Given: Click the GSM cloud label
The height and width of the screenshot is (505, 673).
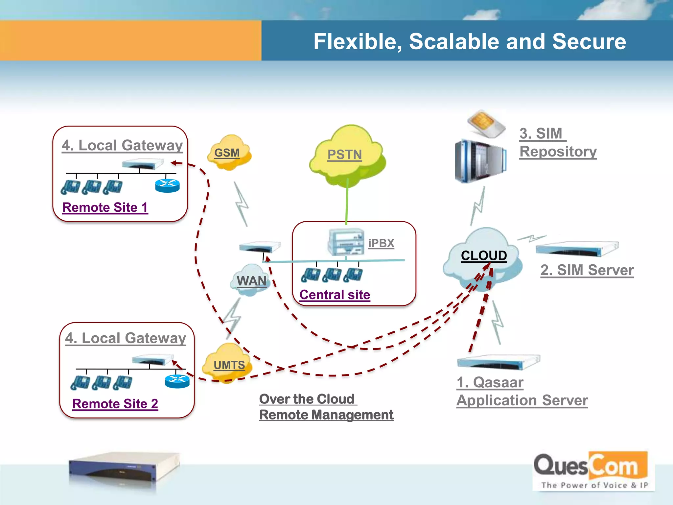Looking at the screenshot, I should (x=227, y=153).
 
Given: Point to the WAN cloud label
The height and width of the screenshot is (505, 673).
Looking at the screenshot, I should (x=252, y=281).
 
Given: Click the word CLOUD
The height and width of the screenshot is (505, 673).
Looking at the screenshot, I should (x=484, y=255).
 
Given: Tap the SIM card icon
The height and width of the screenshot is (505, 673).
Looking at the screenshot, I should (x=486, y=124).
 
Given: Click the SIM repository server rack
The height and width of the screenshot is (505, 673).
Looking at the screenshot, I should (x=480, y=161).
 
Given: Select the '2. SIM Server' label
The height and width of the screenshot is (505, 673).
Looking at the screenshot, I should (x=587, y=270).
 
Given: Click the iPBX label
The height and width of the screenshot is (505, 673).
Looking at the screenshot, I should (x=381, y=243).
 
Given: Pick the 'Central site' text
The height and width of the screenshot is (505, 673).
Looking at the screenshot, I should (x=335, y=295).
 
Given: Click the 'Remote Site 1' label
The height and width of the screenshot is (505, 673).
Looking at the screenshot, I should (x=105, y=207).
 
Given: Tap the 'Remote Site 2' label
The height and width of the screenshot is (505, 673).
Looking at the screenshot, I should (x=115, y=404).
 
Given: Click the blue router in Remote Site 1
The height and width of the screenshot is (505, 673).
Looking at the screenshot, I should (x=167, y=186).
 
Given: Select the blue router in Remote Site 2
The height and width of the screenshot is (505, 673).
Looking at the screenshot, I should (x=177, y=381).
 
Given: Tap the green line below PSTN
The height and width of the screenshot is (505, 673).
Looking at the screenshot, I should (x=347, y=202).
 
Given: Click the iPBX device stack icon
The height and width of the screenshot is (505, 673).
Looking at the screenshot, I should (x=346, y=243).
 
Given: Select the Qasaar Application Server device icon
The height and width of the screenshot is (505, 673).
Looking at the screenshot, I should (x=498, y=362).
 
